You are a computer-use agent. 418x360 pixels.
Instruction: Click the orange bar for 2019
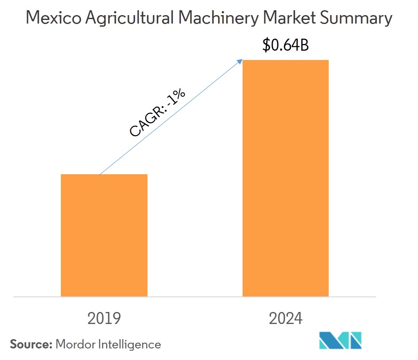[104, 235]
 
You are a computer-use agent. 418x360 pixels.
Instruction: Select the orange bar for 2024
[285, 178]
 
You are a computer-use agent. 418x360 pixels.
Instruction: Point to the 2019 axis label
[104, 318]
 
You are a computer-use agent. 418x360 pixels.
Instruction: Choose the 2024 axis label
[285, 318]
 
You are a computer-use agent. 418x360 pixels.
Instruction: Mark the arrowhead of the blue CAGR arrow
[241, 60]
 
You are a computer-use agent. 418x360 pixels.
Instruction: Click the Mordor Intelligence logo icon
[341, 340]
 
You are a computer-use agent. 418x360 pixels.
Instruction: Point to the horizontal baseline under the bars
[195, 297]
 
